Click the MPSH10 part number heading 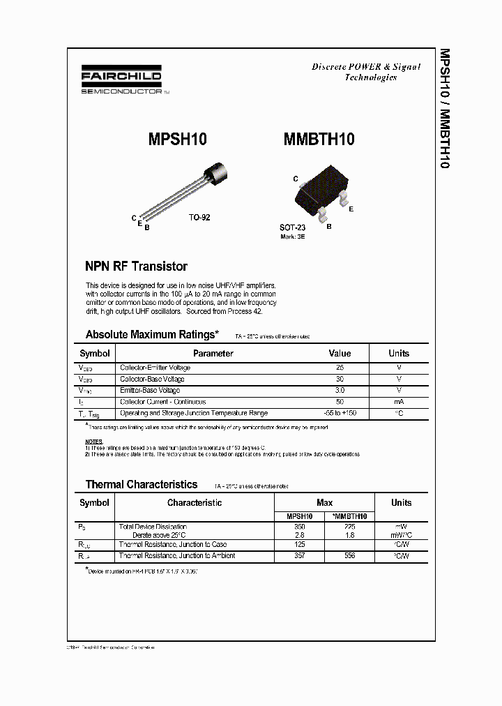point(177,140)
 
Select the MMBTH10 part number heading point(319,140)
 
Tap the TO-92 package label point(199,218)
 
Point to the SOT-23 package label point(292,227)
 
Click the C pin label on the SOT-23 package point(296,179)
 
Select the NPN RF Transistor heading point(136,266)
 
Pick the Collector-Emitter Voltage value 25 point(340,368)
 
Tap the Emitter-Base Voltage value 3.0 point(340,391)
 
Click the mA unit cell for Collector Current point(399,402)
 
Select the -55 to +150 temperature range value point(340,413)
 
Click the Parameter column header point(213,353)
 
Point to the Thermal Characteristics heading point(142,484)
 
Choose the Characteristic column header point(195,502)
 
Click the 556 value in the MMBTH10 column point(350,556)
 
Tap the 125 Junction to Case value point(301,544)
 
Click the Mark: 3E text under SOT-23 point(292,236)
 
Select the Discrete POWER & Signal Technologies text point(365,72)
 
